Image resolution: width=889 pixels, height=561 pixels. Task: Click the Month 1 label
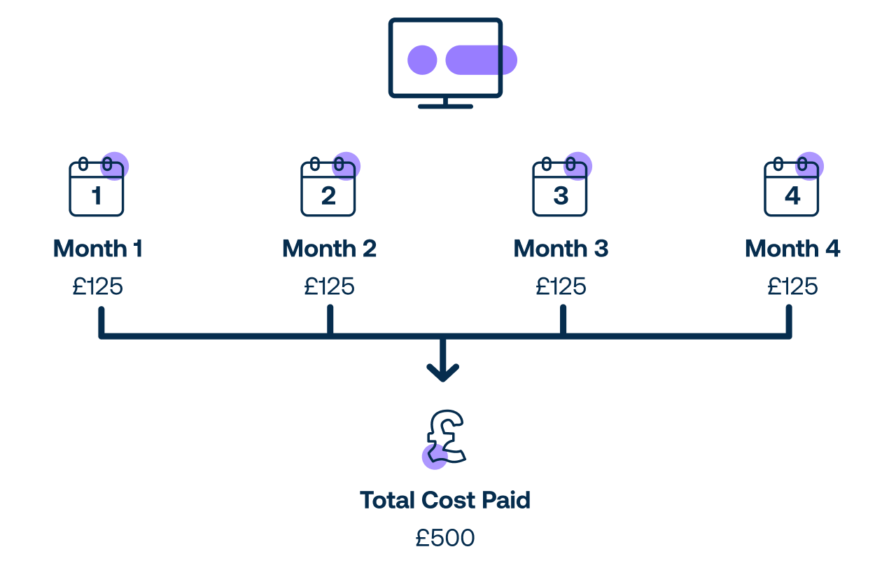pos(98,249)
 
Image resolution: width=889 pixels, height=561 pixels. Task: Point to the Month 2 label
pos(329,249)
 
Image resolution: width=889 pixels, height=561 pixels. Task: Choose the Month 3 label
pos(561,249)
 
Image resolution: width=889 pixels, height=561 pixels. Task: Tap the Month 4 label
pos(792,249)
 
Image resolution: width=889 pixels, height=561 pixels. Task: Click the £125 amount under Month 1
pos(98,286)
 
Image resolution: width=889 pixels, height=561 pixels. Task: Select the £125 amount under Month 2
pos(329,286)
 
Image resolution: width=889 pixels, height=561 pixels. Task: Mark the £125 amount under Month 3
pos(561,286)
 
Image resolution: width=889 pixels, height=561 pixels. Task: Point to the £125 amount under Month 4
pos(792,286)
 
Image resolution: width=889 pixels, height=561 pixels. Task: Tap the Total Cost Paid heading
pos(444,500)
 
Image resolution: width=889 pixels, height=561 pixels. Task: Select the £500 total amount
pos(444,538)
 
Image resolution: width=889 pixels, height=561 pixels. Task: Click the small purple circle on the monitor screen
pos(422,60)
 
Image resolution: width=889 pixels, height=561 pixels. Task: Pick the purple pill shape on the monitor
pos(481,60)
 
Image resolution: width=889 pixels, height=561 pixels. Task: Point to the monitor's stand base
pos(445,106)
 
